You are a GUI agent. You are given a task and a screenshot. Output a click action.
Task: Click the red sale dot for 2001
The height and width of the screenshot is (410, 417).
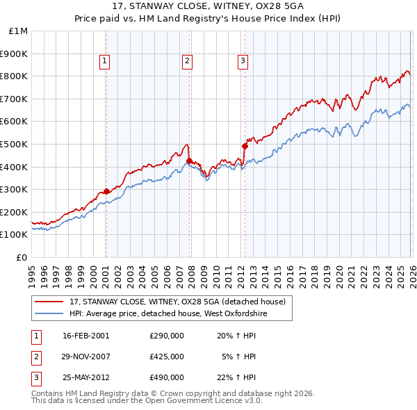click(x=106, y=191)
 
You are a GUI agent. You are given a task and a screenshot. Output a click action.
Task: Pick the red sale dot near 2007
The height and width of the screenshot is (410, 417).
click(x=189, y=161)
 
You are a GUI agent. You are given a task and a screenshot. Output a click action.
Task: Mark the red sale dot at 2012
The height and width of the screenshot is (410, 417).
click(x=245, y=146)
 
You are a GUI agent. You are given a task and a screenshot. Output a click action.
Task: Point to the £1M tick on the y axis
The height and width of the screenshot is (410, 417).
click(x=19, y=31)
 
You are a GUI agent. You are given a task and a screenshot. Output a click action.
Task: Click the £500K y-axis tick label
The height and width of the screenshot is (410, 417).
click(x=15, y=144)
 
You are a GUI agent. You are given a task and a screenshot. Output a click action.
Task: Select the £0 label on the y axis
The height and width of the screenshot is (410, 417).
click(x=22, y=257)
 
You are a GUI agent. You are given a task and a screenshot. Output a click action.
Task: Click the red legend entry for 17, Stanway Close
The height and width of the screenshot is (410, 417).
click(x=177, y=302)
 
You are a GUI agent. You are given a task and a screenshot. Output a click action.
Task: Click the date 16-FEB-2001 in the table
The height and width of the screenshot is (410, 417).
click(x=86, y=336)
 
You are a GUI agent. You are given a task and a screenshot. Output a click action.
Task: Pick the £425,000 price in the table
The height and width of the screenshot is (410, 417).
click(x=166, y=356)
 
